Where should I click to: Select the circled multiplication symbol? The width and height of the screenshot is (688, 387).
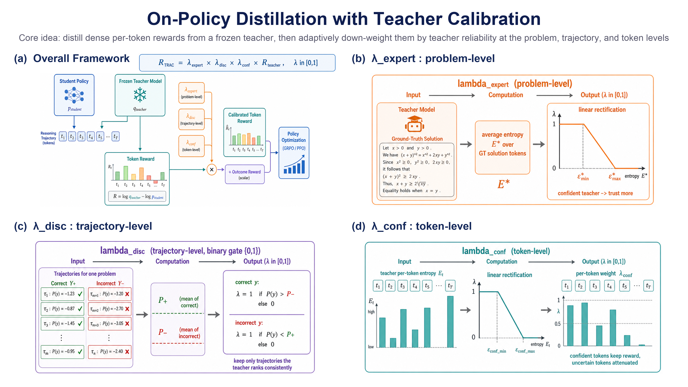coord(212,170)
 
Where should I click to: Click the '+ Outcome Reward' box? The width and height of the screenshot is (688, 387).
coord(245,174)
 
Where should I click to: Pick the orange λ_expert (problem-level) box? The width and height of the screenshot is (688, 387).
coord(192,93)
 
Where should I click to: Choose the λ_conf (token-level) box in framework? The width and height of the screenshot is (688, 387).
coord(192,146)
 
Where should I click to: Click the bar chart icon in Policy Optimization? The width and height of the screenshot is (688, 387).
coord(294,164)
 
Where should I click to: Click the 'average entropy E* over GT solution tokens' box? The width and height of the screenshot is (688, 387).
coord(502,147)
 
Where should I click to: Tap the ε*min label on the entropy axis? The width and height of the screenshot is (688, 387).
coord(583,177)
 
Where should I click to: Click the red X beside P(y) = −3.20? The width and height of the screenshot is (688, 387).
coord(127,294)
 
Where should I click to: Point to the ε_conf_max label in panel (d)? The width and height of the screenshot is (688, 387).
coord(525,351)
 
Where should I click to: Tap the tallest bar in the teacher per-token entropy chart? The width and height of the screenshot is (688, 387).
coord(450,322)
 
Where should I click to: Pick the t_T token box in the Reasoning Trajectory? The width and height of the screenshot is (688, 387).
coord(116,137)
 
